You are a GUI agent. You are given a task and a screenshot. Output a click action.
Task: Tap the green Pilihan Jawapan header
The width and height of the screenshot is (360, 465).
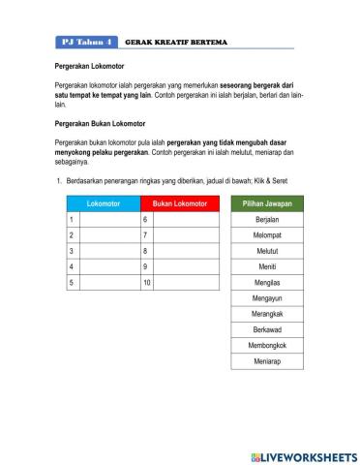pos(267,204)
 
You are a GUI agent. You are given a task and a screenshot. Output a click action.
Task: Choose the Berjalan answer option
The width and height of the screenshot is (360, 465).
pos(267,220)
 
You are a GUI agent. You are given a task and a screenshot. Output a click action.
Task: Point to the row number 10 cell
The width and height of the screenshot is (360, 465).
pos(147,283)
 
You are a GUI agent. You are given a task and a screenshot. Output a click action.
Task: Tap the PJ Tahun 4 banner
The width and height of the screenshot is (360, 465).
pos(86,43)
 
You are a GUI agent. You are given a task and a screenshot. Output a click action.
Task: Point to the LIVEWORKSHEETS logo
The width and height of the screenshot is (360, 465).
pos(302,456)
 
